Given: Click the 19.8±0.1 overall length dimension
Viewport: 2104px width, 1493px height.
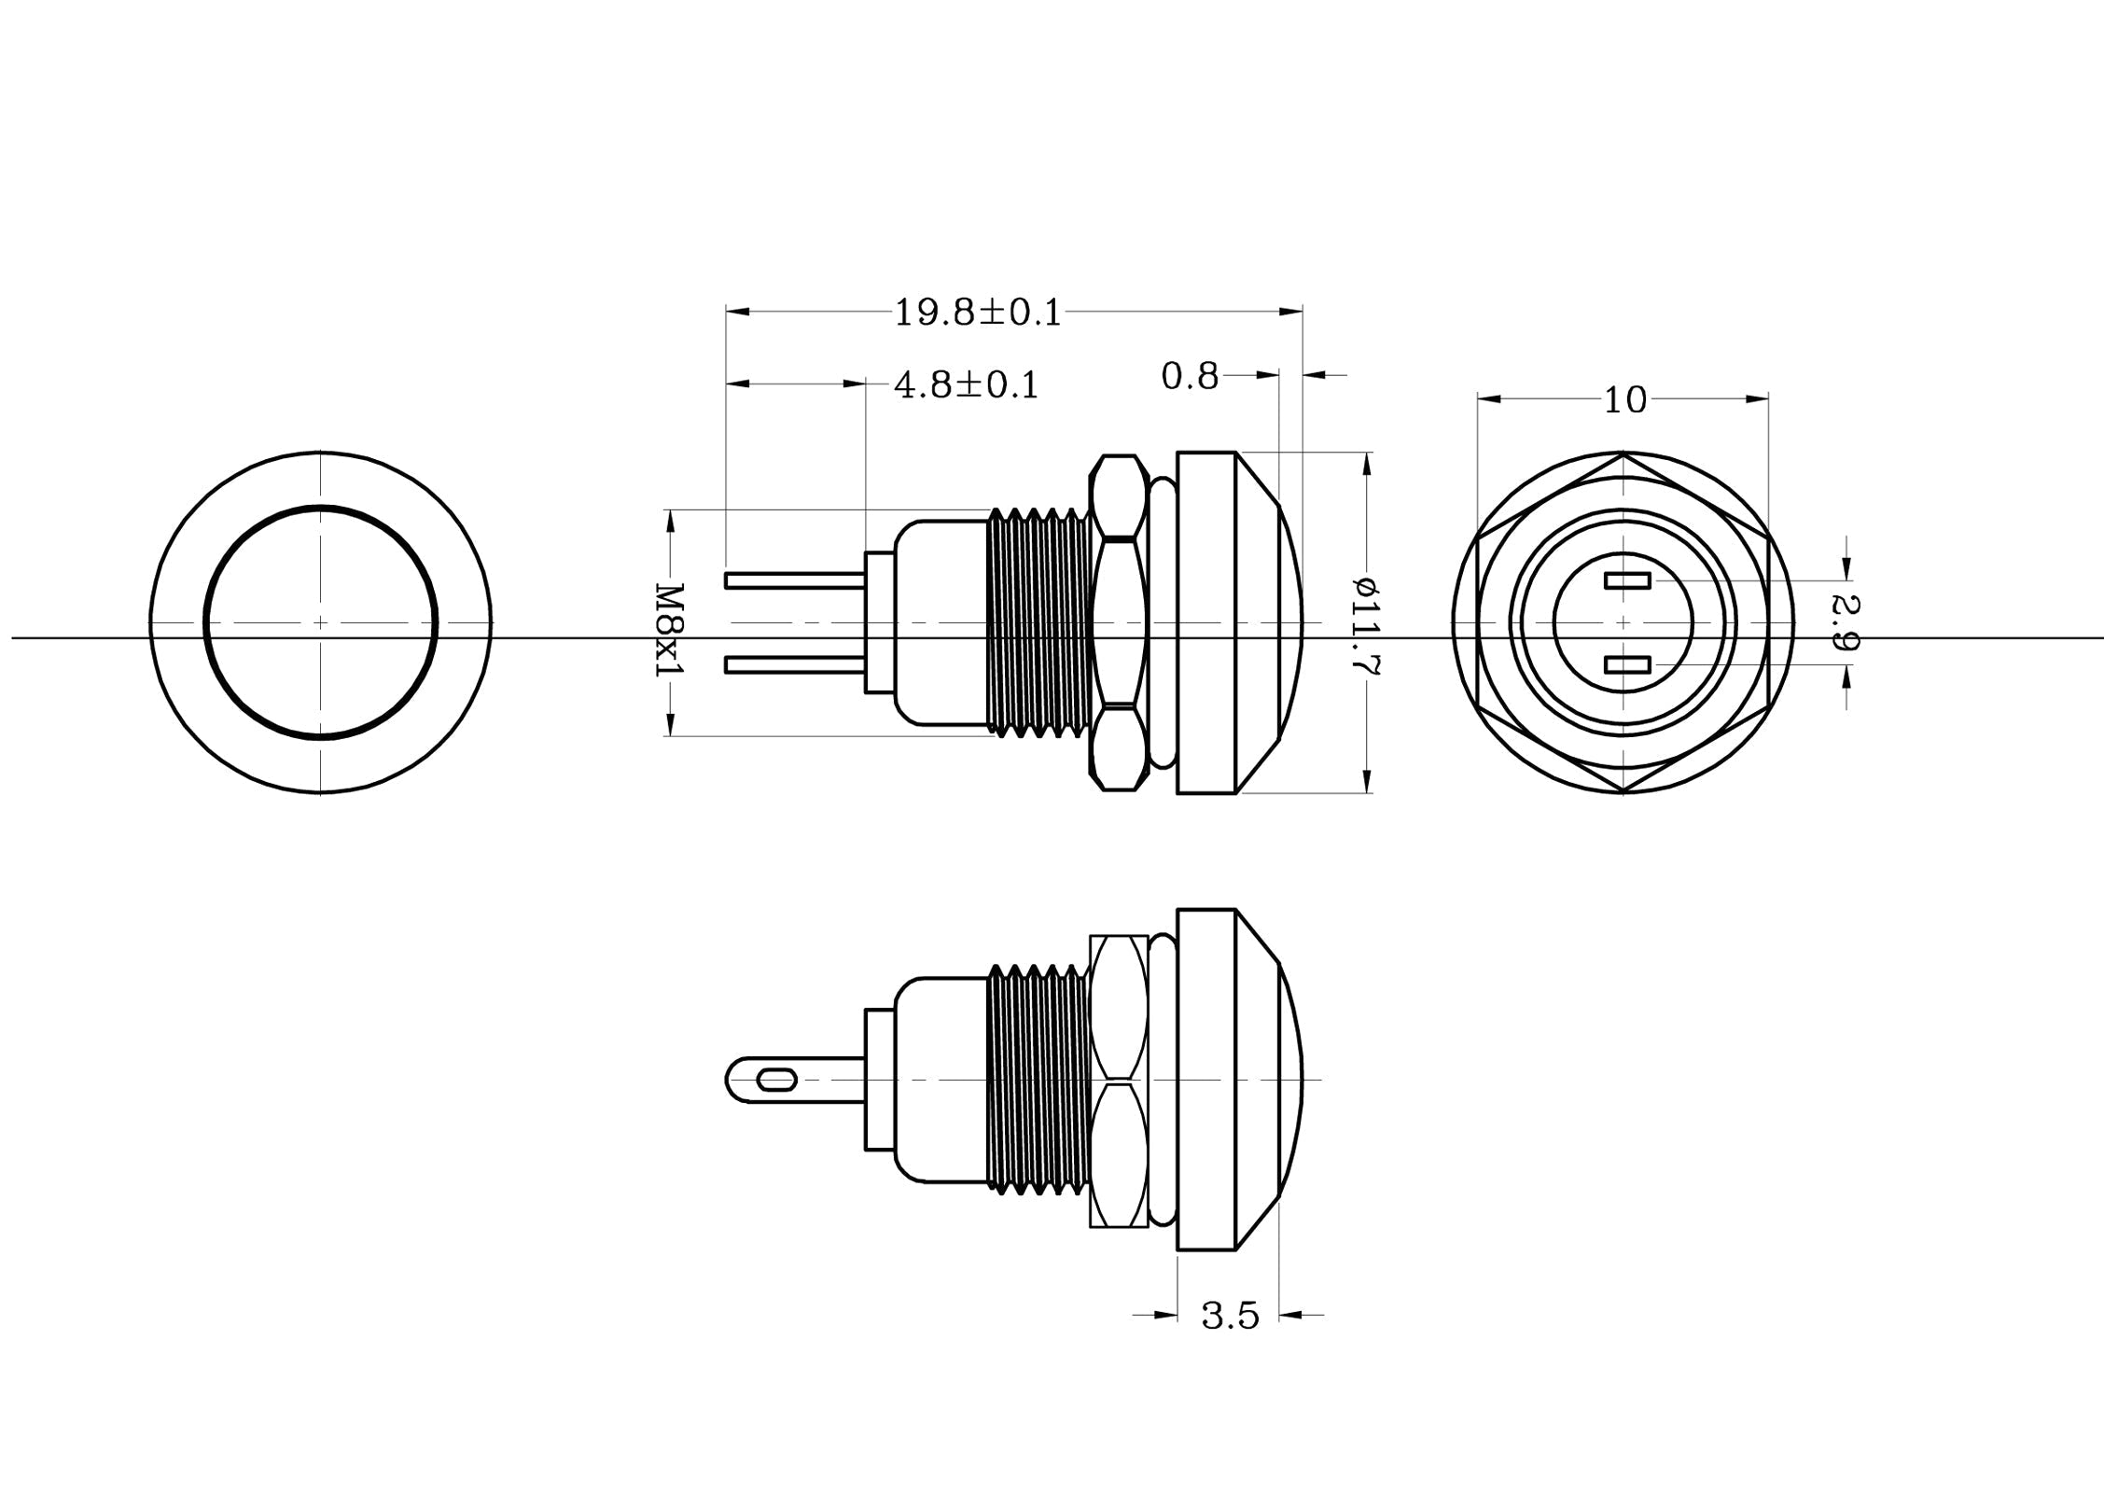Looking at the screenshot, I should coord(978,313).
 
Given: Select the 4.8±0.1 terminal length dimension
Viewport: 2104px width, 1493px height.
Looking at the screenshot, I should coord(966,384).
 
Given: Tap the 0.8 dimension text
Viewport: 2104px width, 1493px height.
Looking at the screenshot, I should coord(1190,376).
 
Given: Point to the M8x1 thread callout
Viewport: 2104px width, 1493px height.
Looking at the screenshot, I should coord(670,631).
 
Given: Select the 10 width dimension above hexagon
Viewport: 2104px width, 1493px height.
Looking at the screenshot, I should coord(1624,400).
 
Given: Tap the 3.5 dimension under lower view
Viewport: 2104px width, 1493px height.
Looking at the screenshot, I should coord(1230,1316).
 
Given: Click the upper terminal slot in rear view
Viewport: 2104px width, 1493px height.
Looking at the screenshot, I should coord(1627,580).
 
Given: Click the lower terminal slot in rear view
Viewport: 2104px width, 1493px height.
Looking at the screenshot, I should coord(1627,664).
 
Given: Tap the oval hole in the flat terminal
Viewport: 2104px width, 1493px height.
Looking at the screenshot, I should coord(777,1081).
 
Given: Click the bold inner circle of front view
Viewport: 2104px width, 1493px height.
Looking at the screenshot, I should coord(205,622).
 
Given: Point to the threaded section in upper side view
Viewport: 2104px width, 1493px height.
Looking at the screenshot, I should coord(1038,622).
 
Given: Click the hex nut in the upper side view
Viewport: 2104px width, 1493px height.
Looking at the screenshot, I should coord(1118,622).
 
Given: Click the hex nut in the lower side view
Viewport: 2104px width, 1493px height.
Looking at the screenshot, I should coord(1118,1081).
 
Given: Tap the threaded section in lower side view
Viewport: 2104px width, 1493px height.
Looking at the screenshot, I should coord(1038,1081).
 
